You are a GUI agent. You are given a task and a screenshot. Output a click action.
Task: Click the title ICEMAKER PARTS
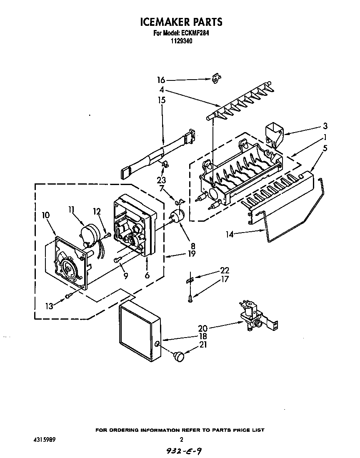click(x=180, y=22)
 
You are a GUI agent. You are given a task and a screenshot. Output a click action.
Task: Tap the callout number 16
click(x=161, y=80)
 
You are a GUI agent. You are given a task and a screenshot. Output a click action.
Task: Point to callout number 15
click(x=161, y=100)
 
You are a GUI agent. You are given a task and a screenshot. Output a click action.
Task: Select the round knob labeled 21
click(x=180, y=356)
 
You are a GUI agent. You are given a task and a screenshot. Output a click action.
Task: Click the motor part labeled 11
click(x=89, y=234)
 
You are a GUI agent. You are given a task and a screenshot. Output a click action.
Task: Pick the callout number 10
click(x=46, y=215)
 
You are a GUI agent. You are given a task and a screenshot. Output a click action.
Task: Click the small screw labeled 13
click(x=69, y=296)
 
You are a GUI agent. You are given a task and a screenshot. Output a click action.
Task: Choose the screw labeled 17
click(x=190, y=297)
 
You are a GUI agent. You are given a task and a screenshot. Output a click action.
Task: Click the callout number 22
click(x=225, y=271)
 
